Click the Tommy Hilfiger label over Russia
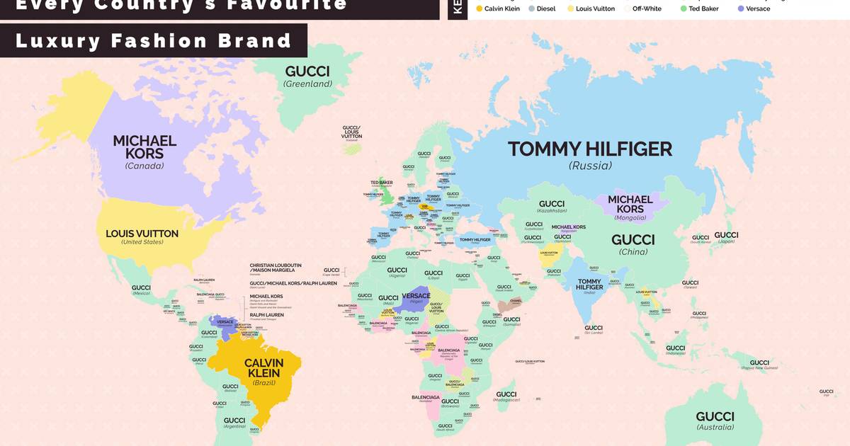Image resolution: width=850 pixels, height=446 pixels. pyautogui.click(x=589, y=149)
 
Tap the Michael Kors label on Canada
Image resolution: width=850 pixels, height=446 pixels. pyautogui.click(x=144, y=147)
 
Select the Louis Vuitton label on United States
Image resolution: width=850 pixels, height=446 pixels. pyautogui.click(x=142, y=234)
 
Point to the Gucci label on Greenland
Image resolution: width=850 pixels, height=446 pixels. pyautogui.click(x=307, y=72)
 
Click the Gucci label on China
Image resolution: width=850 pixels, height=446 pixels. pyautogui.click(x=633, y=240)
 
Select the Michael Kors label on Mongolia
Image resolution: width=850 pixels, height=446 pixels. pyautogui.click(x=630, y=204)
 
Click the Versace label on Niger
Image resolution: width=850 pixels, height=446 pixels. pyautogui.click(x=416, y=296)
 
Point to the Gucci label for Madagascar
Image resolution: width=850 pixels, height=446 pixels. pyautogui.click(x=506, y=394)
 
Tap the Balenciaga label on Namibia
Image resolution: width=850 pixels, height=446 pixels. pyautogui.click(x=426, y=397)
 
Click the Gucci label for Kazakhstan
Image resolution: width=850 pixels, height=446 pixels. pyautogui.click(x=552, y=204)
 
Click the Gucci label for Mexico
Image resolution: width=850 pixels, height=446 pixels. pyautogui.click(x=141, y=288)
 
